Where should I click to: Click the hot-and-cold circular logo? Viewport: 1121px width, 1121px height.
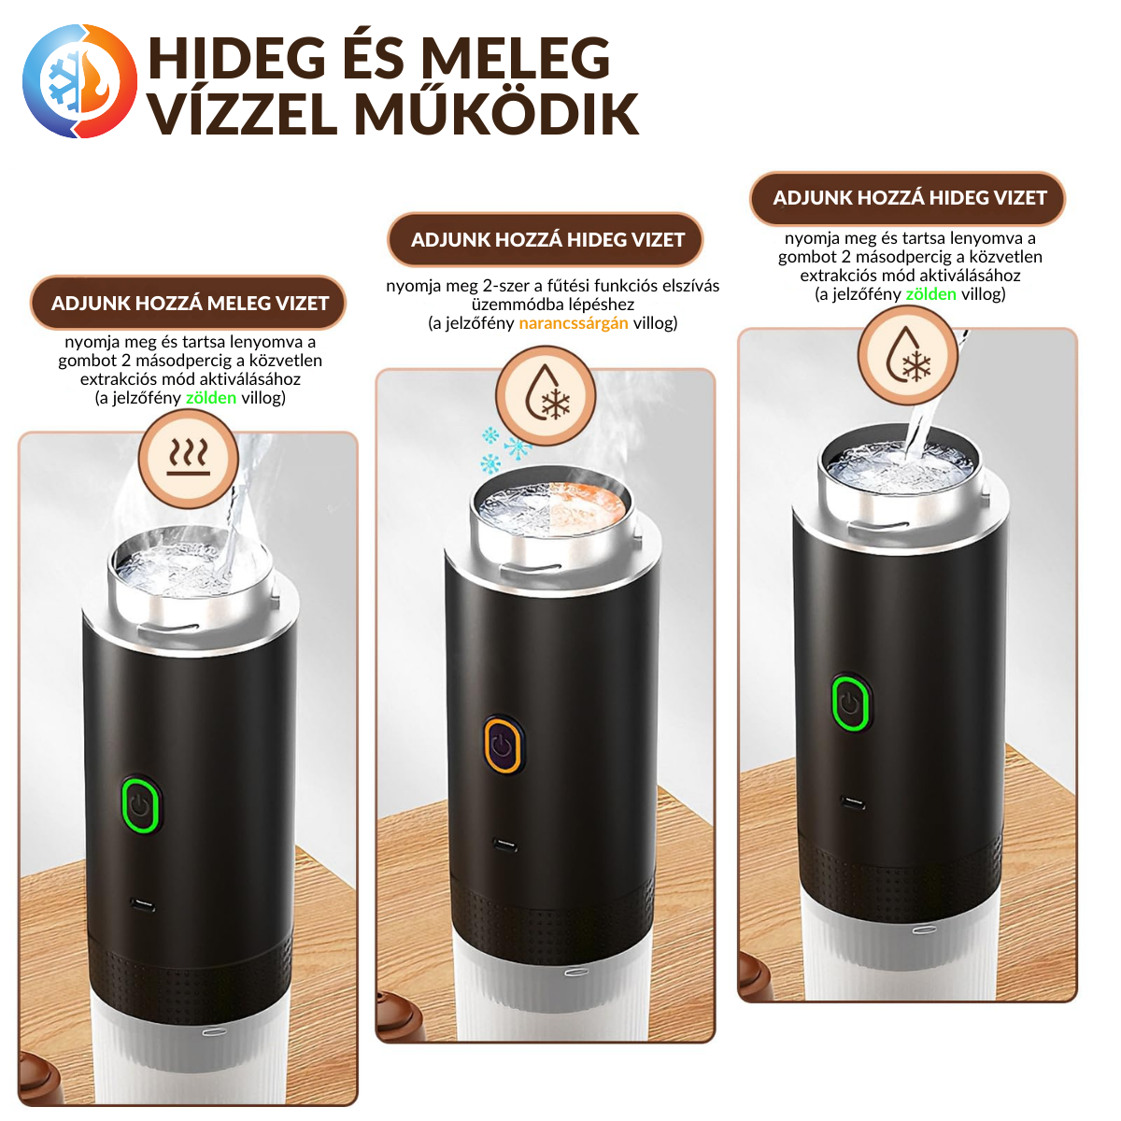pyautogui.click(x=79, y=81)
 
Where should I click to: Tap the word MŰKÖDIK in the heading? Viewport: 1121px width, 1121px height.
pyautogui.click(x=496, y=115)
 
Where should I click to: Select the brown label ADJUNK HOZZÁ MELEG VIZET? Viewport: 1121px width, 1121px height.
pyautogui.click(x=188, y=303)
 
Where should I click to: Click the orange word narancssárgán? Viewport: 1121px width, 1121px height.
pyautogui.click(x=573, y=323)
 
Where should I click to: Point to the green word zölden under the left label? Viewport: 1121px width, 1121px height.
pyautogui.click(x=210, y=398)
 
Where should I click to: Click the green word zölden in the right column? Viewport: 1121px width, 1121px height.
pyautogui.click(x=930, y=294)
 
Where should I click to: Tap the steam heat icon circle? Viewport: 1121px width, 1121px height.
pyautogui.click(x=189, y=459)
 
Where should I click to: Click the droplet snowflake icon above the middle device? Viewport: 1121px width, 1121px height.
pyautogui.click(x=546, y=396)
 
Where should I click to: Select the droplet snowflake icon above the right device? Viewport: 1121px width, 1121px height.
pyautogui.click(x=907, y=355)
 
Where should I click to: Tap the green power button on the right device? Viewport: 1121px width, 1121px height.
pyautogui.click(x=850, y=702)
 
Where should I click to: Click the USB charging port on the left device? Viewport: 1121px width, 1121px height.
pyautogui.click(x=143, y=906)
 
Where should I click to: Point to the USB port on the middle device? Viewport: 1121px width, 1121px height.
pyautogui.click(x=504, y=844)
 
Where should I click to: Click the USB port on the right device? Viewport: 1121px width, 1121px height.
pyautogui.click(x=852, y=804)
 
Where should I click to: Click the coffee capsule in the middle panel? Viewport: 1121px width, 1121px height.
pyautogui.click(x=402, y=1015)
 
